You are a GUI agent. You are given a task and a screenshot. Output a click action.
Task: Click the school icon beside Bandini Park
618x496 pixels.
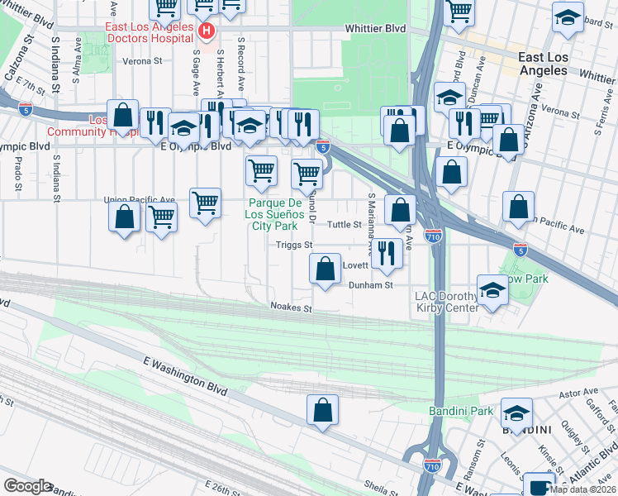516,412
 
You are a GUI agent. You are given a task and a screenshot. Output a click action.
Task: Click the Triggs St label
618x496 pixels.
294,245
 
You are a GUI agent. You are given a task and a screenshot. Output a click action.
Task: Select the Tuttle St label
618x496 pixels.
345,224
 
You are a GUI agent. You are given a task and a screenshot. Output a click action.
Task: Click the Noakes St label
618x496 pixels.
292,307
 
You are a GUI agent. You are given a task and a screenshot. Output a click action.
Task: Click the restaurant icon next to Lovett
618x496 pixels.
386,253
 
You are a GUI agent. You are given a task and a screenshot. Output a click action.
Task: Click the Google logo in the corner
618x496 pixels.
27,485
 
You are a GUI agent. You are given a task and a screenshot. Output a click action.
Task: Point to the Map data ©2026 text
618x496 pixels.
582,489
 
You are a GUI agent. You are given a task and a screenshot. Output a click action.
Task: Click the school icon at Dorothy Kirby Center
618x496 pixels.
492,291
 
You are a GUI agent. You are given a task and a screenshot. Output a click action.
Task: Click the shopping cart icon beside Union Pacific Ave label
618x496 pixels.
205,202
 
